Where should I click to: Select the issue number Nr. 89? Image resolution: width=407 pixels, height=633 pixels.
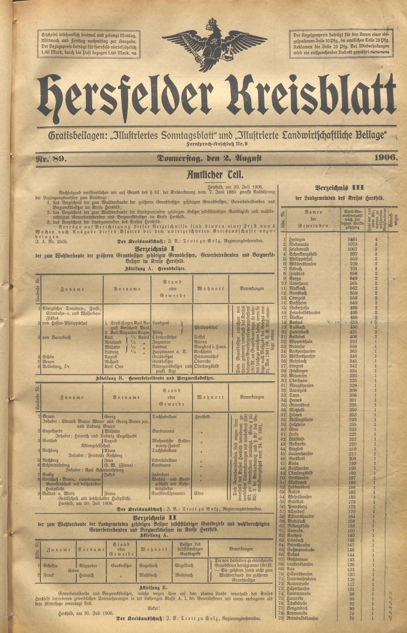coord(52,158)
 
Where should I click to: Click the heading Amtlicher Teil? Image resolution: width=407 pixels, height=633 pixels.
coord(215,175)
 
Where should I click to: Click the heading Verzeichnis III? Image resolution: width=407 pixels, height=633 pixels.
coord(339,188)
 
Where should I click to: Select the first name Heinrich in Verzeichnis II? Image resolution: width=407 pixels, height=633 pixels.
coord(86,575)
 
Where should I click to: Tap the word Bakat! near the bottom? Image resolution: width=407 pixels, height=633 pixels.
coord(153,608)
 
